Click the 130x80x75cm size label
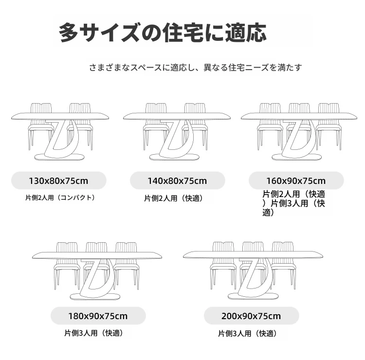point(59,181)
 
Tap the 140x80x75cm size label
point(177,181)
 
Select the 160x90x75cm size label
point(296,181)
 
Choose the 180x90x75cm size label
point(98,316)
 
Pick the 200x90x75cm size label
point(252,316)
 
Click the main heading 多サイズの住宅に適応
point(163,32)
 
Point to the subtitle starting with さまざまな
point(196,68)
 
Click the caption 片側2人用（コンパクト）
point(60,198)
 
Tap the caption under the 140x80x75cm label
point(174,198)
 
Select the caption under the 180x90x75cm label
point(94,333)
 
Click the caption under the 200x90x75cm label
point(248,334)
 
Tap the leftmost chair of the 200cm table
point(223,266)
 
